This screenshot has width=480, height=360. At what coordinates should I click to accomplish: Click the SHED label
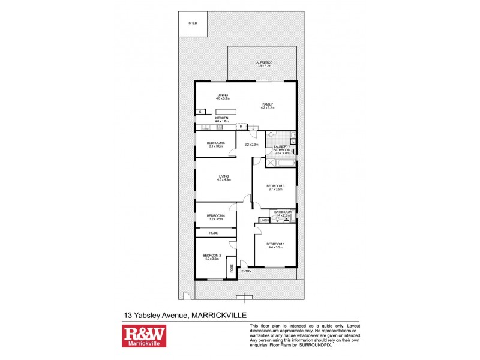pos(193,23)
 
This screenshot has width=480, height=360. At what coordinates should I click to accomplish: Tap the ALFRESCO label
pos(265,62)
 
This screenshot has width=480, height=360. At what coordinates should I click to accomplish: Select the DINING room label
pos(223,95)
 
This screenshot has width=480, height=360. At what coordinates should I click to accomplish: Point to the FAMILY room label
pos(267,104)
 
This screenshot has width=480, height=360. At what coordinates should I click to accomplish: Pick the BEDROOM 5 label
pos(216,143)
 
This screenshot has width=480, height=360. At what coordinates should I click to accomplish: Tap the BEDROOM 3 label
pos(275,187)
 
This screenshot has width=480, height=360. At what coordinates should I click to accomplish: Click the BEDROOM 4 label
pos(215,216)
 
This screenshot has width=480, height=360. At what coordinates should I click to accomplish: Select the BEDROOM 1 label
pos(275,244)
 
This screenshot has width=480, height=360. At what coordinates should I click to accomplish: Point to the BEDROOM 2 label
pos(212,256)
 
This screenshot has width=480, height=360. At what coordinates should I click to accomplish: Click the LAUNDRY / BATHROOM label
pos(282,148)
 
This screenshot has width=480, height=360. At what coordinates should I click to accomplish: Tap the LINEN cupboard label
pos(264,220)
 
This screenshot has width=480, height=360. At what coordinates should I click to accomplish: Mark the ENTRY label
pos(246,271)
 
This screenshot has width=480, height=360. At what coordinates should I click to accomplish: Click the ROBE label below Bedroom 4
pos(214,232)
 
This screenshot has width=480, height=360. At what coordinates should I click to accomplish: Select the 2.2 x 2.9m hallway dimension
pos(251,144)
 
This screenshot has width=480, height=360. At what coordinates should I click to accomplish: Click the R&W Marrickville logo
pos(144,336)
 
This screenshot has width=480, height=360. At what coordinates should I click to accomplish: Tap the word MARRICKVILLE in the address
pos(222,314)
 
